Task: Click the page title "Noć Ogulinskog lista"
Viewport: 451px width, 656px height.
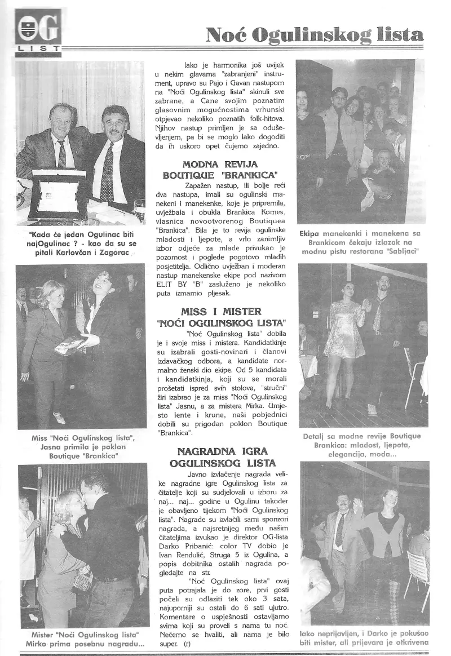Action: click(314, 35)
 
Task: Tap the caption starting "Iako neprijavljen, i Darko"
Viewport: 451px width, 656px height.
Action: click(364, 637)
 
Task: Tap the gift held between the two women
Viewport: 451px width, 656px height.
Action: click(70, 344)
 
